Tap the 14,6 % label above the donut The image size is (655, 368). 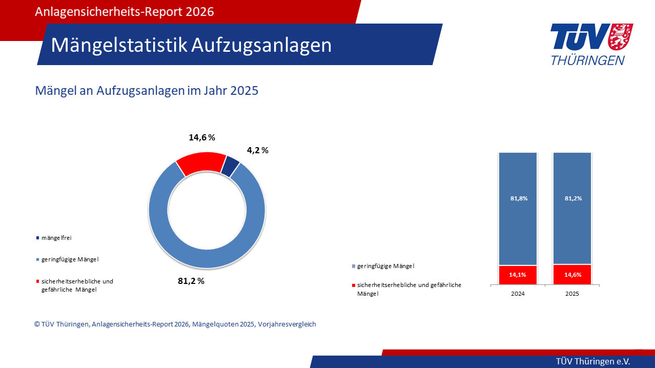pos(201,137)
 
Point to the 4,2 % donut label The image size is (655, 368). pos(257,150)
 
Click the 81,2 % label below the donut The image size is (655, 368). pos(191,281)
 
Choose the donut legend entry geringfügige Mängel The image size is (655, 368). pos(70,259)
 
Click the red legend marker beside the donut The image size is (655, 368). pos(37,281)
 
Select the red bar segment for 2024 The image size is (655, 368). pos(518,275)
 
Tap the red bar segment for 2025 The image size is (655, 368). pos(572,275)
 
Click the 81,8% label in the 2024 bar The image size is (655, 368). pos(518,198)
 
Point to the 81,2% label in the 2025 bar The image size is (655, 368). pos(572,198)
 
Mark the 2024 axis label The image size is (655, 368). pos(518,294)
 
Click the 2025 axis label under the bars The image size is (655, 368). pos(572,294)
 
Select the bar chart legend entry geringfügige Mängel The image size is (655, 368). pos(385,266)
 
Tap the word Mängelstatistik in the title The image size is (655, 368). pos(119,45)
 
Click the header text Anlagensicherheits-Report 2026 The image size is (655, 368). pos(124,12)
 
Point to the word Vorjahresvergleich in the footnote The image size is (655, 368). pos(287,324)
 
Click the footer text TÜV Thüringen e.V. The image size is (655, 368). pos(593,361)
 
